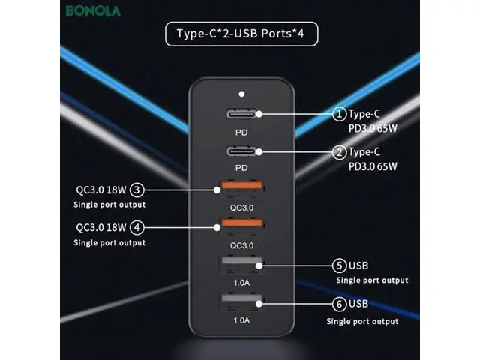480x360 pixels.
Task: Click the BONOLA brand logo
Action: tap(93, 10)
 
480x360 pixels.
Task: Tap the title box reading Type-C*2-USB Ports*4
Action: tap(241, 34)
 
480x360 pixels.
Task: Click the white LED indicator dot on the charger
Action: tap(241, 94)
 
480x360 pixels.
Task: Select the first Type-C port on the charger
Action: tap(241, 114)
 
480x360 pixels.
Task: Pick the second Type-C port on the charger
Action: tap(241, 151)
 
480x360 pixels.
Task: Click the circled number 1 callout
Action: tap(339, 114)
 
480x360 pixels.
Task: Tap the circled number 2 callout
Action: tap(339, 152)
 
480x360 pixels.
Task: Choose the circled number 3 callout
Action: tap(136, 190)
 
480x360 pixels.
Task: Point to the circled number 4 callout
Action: tap(136, 228)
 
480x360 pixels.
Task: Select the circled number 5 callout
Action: tap(339, 265)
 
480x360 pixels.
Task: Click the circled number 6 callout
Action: tap(339, 304)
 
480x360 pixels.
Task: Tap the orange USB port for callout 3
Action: tap(241, 190)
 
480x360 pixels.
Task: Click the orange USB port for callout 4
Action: tap(241, 227)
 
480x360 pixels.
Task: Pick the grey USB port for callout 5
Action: tap(241, 265)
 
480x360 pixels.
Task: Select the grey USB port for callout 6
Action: tap(241, 303)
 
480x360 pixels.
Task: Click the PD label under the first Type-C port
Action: tap(241, 133)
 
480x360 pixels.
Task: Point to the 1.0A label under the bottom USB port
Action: tap(241, 320)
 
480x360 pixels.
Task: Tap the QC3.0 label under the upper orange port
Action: tap(241, 208)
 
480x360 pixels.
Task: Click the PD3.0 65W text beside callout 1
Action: tap(373, 128)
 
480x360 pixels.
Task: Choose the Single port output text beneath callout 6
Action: tap(362, 321)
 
